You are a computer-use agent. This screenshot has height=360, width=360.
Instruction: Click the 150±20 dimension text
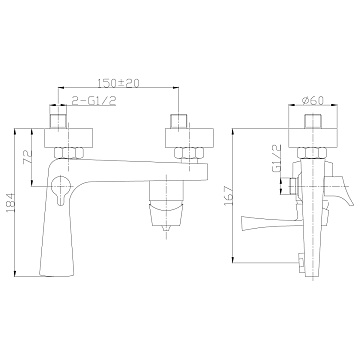(x=118, y=83)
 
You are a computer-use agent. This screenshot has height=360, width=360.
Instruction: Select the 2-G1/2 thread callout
(x=94, y=100)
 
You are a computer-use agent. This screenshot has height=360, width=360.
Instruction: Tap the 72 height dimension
(x=27, y=157)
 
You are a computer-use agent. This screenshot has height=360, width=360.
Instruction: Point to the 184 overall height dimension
(x=10, y=202)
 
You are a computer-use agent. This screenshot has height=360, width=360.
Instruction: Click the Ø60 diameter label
(x=312, y=100)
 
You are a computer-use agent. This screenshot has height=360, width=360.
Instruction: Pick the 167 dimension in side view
(x=228, y=196)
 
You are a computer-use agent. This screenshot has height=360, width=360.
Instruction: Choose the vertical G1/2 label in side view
(x=277, y=159)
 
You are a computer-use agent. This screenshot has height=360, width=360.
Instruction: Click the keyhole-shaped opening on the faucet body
(x=60, y=189)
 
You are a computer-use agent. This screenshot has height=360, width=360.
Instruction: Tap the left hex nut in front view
(x=69, y=153)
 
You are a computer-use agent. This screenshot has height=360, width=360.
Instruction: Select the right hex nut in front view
(x=189, y=153)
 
